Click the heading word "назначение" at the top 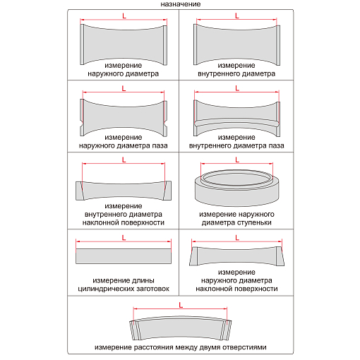pyautogui.click(x=181, y=4)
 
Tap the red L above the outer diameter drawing pyautogui.click(x=124, y=16)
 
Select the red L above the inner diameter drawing pyautogui.click(x=237, y=16)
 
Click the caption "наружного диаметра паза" pyautogui.click(x=124, y=145)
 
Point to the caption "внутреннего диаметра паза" pyautogui.click(x=236, y=145)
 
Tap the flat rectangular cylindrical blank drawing pyautogui.click(x=124, y=256)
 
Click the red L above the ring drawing pyautogui.click(x=237, y=160)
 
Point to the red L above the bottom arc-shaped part pyautogui.click(x=181, y=305)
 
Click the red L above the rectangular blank pyautogui.click(x=124, y=238)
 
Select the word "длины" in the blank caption pyautogui.click(x=143, y=280)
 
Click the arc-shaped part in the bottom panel pyautogui.click(x=181, y=328)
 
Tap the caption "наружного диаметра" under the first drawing pyautogui.click(x=124, y=73)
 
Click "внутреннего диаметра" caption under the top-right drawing pyautogui.click(x=236, y=73)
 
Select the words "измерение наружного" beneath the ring pyautogui.click(x=236, y=214)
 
